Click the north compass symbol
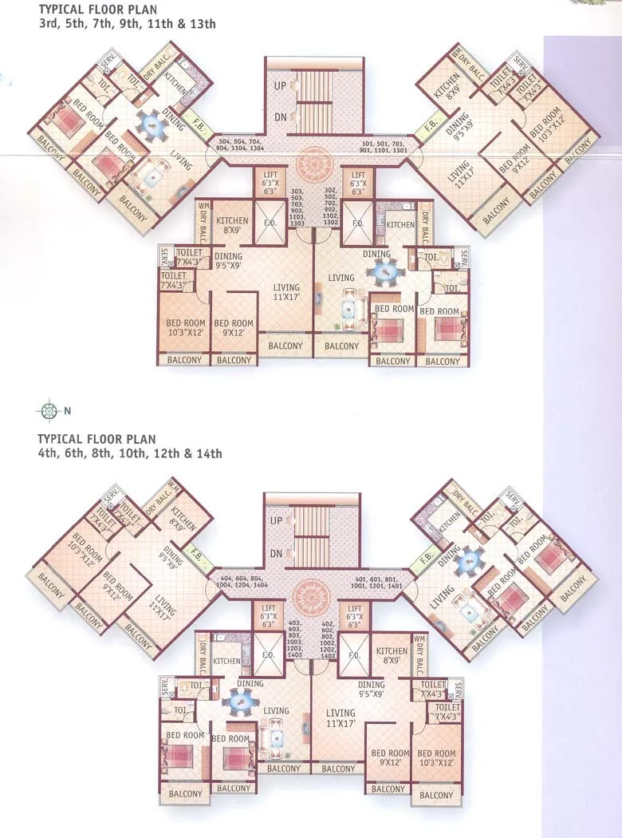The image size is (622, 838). [48, 411]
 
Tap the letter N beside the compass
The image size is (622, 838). [68, 412]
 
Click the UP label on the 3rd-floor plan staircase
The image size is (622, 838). [280, 84]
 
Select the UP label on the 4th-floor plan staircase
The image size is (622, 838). [277, 520]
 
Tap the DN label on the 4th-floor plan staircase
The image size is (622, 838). [277, 553]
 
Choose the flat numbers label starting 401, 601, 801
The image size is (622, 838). [380, 582]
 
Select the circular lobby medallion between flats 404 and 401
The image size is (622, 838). [309, 595]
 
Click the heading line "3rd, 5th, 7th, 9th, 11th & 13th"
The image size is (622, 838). [128, 24]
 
